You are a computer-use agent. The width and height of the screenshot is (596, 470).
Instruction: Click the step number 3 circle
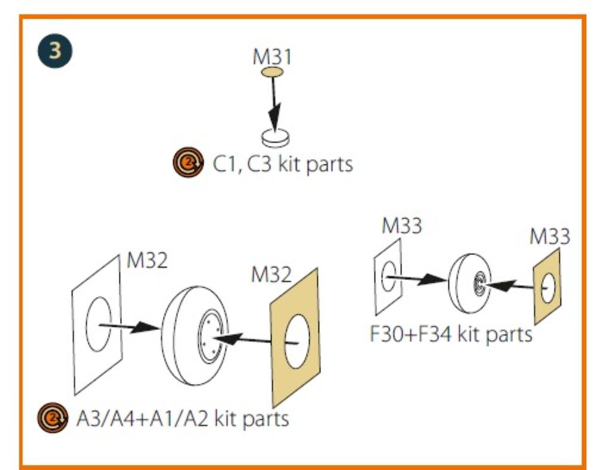tap(55, 51)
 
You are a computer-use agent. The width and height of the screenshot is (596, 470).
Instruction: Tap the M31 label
tap(272, 57)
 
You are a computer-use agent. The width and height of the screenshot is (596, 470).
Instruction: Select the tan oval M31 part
tap(272, 72)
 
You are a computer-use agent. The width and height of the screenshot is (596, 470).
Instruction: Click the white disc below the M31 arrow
tap(275, 138)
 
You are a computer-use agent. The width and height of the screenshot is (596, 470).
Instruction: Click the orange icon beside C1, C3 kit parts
tap(188, 162)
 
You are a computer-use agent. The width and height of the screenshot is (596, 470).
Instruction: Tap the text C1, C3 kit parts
tap(283, 165)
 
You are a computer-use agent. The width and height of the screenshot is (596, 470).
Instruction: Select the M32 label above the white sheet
tap(147, 261)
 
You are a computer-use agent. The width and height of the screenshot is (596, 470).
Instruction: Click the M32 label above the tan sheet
tap(271, 274)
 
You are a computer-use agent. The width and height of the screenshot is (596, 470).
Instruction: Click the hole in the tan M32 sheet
tap(297, 341)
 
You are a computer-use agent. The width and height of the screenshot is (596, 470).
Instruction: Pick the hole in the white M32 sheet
tap(99, 324)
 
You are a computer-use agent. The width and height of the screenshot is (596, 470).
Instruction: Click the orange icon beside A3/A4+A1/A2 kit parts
tap(53, 418)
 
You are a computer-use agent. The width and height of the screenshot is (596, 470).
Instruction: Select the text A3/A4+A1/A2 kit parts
tap(182, 419)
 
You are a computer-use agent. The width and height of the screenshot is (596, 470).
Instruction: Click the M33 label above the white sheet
tap(402, 225)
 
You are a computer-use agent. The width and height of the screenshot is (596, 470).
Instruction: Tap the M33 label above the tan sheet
tap(550, 236)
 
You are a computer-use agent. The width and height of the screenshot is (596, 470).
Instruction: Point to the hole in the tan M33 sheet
tap(548, 289)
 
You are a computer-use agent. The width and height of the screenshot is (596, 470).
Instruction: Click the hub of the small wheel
tap(478, 284)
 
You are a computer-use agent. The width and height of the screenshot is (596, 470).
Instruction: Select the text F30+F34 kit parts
tap(451, 334)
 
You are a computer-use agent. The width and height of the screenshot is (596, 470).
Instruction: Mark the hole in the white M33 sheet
tap(389, 277)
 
